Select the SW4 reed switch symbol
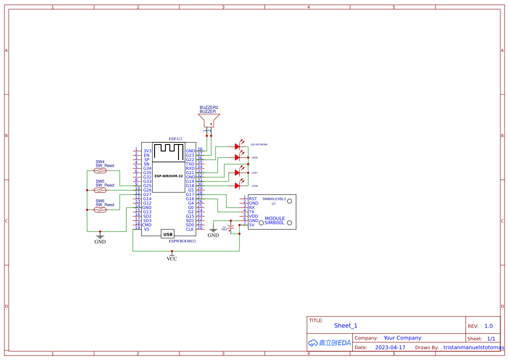[100, 171]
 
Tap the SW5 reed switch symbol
[100, 190]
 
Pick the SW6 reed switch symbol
[100, 210]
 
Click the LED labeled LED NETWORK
[238, 147]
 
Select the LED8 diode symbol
[238, 185]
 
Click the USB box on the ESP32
[168, 234]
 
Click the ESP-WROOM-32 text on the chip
[169, 176]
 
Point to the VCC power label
[172, 259]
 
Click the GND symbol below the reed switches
[100, 239]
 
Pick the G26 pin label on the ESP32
[147, 190]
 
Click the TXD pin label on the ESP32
[190, 164]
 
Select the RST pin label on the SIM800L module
[253, 199]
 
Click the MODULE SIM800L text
[275, 221]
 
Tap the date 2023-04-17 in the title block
[390, 348]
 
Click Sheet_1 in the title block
[346, 326]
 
